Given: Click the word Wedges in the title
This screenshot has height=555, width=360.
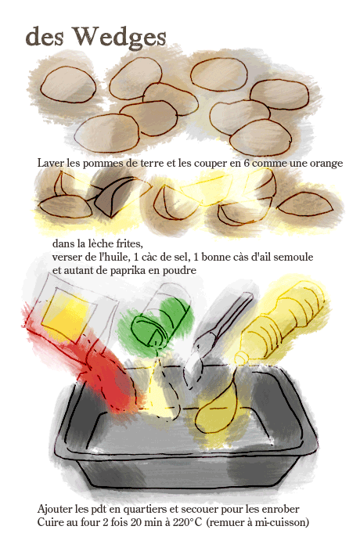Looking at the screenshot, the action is point(119,37).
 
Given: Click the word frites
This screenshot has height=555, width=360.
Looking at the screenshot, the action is point(130,243).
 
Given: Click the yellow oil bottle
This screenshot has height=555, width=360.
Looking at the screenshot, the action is point(282,321).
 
